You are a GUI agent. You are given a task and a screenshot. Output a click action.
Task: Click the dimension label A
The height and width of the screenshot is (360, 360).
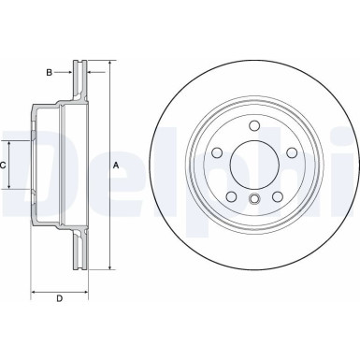[116, 165]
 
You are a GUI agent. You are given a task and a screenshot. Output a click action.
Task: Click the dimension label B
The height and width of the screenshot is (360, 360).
[50, 70]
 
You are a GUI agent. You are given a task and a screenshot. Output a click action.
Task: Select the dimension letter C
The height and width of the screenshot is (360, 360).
[3, 165]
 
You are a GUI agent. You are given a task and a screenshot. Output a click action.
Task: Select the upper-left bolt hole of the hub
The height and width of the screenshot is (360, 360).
[217, 152]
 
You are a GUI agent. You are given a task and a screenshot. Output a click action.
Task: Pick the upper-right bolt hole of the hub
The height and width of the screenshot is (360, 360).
[289, 152]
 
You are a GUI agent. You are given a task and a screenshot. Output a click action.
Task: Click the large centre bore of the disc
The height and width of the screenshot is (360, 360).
[253, 164]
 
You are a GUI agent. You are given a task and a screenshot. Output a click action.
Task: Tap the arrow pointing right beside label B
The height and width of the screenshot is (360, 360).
[69, 70]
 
